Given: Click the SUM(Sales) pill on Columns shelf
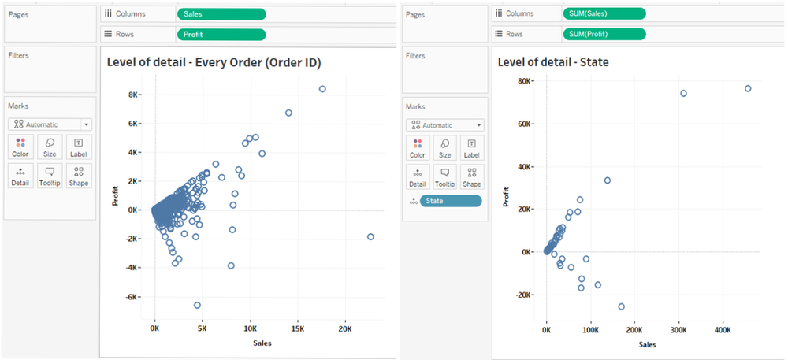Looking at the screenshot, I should coord(604,13).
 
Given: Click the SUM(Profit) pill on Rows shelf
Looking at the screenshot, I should coord(604,34).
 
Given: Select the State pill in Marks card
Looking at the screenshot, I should coord(450,201).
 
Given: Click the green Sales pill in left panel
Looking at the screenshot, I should coord(221,14).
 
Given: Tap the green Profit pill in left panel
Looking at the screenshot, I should coord(221,34).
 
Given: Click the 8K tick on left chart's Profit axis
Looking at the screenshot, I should coord(135,95).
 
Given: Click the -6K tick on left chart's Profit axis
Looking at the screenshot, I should coord(134,297).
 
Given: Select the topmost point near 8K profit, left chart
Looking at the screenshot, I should coord(322,89).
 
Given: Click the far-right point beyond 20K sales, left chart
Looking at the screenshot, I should coord(370,237).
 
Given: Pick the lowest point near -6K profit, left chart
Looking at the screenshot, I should coord(197,305).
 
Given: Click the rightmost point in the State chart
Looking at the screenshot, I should coord(748,88).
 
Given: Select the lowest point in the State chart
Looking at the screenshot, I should coord(621,306).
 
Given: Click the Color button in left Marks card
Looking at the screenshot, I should coord(20,147).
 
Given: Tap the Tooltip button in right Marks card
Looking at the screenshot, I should coord(444,176).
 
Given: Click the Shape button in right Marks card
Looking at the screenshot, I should coord(471,176).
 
